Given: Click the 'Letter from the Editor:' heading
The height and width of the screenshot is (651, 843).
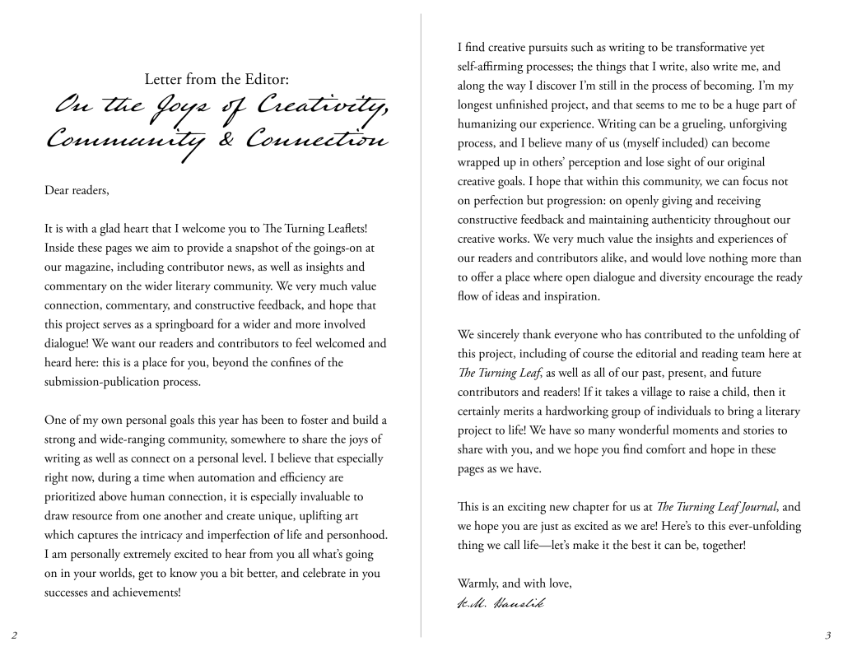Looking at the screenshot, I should pos(216,80).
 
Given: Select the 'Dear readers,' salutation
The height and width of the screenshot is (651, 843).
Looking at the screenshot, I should pos(77,191).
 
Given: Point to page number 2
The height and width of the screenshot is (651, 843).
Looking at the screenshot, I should pos(14,635).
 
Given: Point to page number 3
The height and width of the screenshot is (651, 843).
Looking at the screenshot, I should pos(827,635).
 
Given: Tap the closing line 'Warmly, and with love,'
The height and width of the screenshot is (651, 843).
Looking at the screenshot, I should pos(515,584).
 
